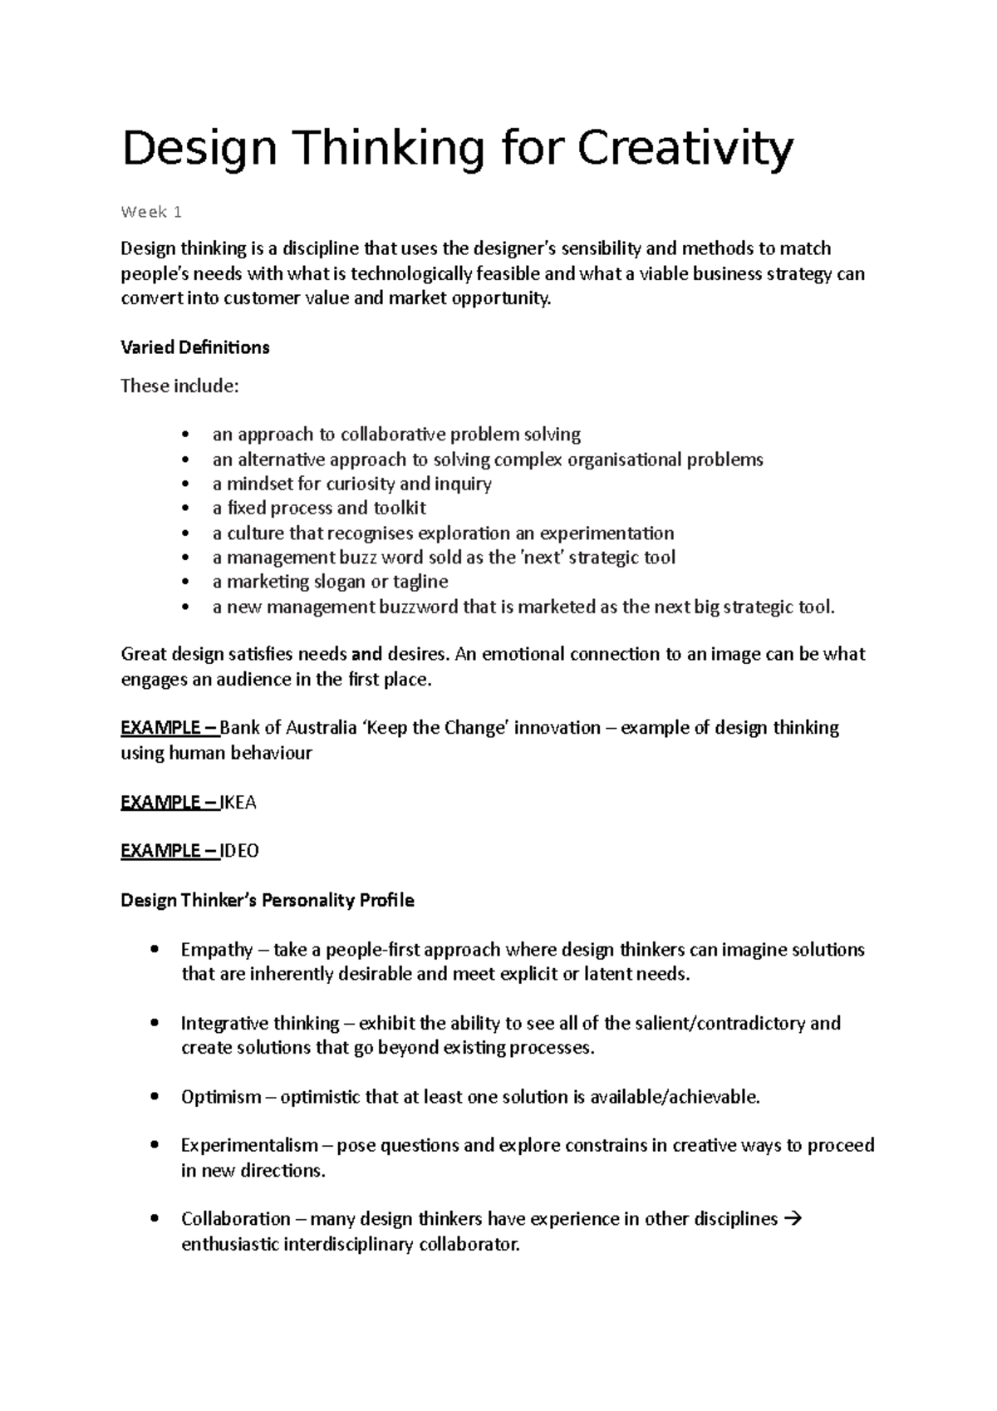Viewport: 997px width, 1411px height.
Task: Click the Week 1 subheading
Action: point(151,212)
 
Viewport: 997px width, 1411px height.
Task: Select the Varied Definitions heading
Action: point(195,347)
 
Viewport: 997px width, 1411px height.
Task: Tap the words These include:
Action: point(179,386)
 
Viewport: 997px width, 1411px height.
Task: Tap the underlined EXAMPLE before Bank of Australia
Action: point(160,728)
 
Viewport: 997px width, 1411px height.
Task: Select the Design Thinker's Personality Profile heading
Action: point(268,901)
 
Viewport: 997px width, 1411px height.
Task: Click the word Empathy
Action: point(217,950)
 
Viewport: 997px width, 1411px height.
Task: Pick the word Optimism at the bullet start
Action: point(221,1097)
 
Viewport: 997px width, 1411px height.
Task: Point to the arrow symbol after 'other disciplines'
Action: point(792,1219)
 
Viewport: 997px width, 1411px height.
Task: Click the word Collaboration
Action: point(236,1219)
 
